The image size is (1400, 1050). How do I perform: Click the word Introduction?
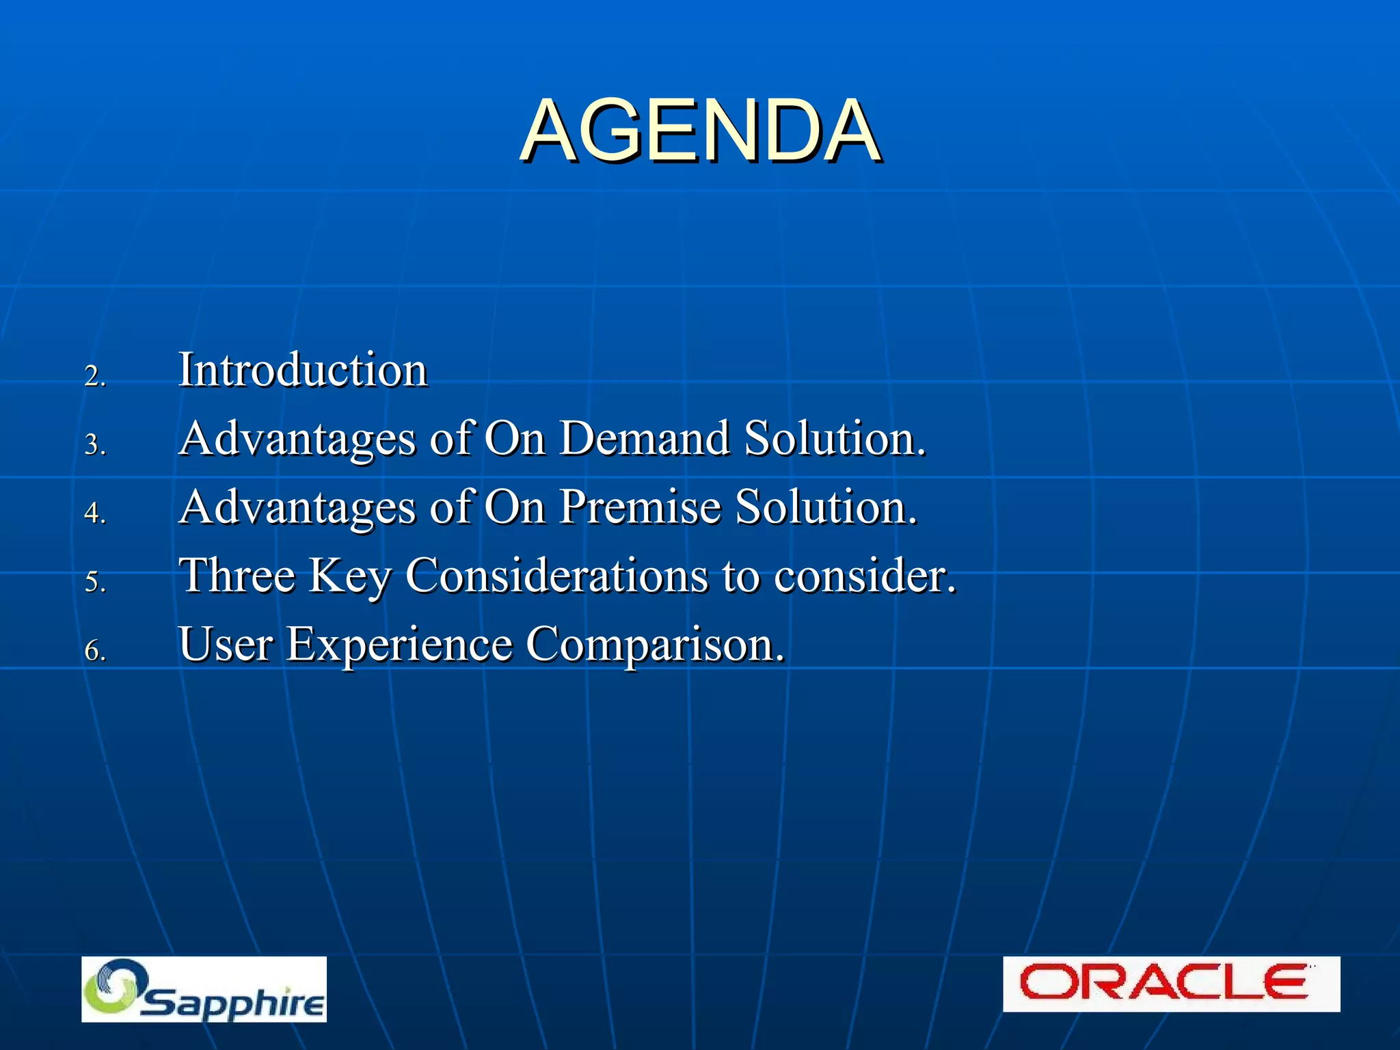coord(303,370)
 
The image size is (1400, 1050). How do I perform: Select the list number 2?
coord(94,376)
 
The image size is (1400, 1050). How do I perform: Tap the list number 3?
coord(94,445)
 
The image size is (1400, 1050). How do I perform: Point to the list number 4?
coord(94,513)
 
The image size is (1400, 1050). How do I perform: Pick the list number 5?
coord(94,582)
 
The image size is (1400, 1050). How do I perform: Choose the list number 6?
coord(94,650)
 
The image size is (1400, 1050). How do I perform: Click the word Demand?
coord(644,438)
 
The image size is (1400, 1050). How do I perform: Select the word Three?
coord(237,576)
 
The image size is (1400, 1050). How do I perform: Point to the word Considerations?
coord(556,576)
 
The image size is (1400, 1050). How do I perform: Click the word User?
coord(226,645)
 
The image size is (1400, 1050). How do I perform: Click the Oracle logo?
coord(1170,984)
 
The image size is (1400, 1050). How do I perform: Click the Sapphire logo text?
coord(232,1002)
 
